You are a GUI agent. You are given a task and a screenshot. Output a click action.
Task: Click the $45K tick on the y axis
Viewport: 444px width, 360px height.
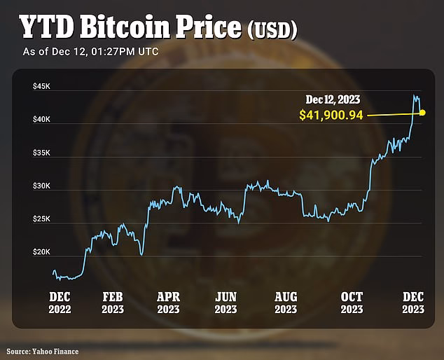point(42,86)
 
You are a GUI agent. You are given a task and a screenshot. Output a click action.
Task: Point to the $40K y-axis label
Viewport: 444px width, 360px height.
point(42,120)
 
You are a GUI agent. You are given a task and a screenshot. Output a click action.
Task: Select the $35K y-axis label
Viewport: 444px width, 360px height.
point(42,153)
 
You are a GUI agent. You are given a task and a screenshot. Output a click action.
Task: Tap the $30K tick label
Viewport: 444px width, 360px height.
point(42,186)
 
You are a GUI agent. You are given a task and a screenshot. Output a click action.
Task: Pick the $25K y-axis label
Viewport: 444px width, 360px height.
point(42,219)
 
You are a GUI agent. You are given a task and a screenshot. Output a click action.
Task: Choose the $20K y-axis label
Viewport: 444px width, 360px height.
point(42,252)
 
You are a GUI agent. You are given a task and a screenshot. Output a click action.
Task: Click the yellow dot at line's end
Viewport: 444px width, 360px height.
point(422,112)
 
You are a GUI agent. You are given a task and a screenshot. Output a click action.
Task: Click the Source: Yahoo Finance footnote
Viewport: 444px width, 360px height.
point(43,350)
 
